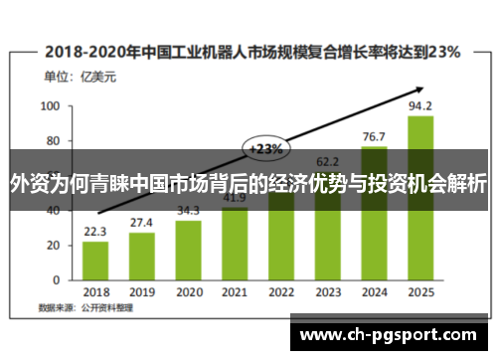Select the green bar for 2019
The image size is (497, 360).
coord(142,254)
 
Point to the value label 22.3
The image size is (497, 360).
coord(95,233)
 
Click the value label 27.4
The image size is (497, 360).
coord(142,223)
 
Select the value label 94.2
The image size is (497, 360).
coord(420,106)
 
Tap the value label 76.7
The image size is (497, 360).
coord(374,136)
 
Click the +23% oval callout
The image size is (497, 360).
coord(265,149)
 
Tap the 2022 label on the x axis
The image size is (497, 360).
coord(281,292)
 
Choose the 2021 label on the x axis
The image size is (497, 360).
coord(235,292)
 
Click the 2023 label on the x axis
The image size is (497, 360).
coord(328,292)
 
